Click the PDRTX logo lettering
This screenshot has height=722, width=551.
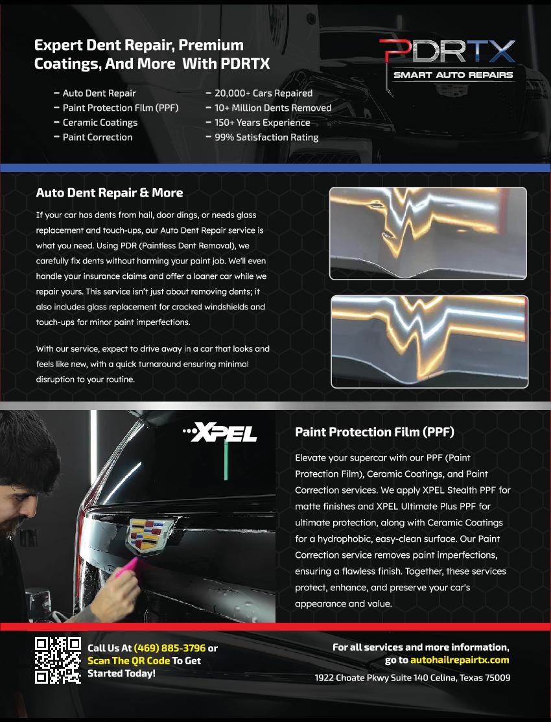[x=447, y=51]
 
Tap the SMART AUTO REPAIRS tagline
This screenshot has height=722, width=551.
[x=453, y=75]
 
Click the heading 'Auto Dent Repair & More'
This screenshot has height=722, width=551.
[x=110, y=193]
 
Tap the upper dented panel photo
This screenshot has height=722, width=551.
[x=428, y=233]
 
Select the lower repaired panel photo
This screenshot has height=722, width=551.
[x=430, y=342]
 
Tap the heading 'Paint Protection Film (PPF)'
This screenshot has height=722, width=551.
[x=375, y=432]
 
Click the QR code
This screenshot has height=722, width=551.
[x=58, y=660]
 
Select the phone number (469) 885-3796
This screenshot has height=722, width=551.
[x=169, y=648]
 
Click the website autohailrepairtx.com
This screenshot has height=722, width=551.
[x=460, y=660]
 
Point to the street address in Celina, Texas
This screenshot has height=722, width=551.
[x=412, y=678]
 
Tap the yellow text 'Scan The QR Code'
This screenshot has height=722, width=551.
[x=129, y=661]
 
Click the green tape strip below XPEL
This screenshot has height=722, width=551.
[x=226, y=461]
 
